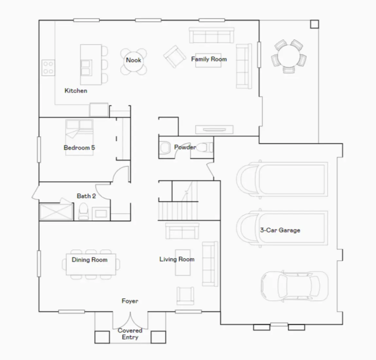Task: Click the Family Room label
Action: (209, 59)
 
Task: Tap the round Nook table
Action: (134, 61)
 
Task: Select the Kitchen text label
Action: (76, 91)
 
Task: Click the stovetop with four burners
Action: (48, 67)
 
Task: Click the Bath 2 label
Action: (86, 196)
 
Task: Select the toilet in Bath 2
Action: (83, 211)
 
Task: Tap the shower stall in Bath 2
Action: (56, 212)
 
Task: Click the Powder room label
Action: (185, 147)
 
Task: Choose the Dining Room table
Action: (91, 264)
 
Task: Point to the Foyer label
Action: (130, 301)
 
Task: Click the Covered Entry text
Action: (130, 334)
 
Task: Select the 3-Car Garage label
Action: (280, 230)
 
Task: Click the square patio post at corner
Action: (314, 24)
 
